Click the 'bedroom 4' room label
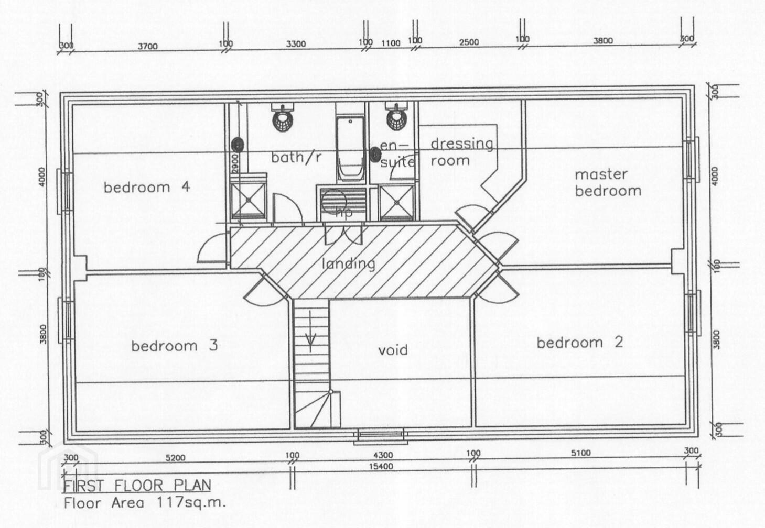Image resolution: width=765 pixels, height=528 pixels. coord(146,187)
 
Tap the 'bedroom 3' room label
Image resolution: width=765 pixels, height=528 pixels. coord(174,346)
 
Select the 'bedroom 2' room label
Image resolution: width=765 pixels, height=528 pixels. coord(579,343)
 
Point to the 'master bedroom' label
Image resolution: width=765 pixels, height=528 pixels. coord(608,182)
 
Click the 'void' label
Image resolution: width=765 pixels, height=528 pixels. coord(393,349)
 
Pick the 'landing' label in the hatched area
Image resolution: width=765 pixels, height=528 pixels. coord(349,263)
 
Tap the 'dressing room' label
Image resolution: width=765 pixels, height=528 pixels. coord(461,152)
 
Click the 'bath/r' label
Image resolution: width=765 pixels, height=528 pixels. coord(296,157)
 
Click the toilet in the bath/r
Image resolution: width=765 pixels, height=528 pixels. coord(283,118)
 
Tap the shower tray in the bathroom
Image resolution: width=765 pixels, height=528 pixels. coord(249,200)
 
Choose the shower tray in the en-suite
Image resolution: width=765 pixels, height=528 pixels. coord(396,201)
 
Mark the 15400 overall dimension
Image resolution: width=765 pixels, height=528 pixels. coord(381,466)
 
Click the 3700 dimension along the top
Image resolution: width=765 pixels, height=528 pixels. coord(147,46)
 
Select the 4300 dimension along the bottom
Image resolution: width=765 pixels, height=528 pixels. coord(382,455)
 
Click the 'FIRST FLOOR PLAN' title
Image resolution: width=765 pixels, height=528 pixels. coord(137,485)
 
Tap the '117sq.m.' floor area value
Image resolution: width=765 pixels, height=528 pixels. coord(191,503)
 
